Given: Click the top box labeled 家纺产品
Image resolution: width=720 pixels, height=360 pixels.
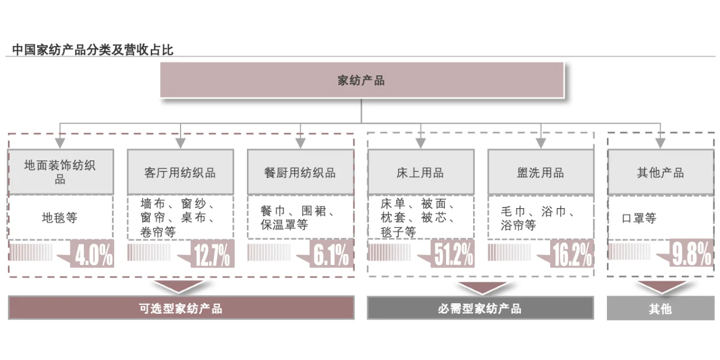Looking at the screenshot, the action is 362,80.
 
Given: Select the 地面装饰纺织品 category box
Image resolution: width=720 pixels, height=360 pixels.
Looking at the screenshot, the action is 60,172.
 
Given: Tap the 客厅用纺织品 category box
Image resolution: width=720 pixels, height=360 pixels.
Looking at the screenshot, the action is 180,172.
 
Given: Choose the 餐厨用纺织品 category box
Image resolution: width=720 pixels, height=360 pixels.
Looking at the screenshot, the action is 300,172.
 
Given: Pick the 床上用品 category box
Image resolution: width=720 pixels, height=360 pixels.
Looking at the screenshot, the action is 420,172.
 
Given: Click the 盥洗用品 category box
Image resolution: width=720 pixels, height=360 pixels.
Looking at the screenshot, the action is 540,172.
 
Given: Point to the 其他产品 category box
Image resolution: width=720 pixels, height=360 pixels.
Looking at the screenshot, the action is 660,172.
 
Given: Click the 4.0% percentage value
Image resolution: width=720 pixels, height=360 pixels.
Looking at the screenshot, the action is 94,256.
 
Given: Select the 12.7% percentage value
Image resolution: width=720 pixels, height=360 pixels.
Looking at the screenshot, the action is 211,256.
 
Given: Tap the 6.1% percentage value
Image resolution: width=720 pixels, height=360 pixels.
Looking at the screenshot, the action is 331,256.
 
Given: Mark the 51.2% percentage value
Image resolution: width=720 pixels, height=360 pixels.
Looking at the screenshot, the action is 453,256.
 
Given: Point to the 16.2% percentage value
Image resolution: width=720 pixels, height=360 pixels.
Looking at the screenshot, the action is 573,256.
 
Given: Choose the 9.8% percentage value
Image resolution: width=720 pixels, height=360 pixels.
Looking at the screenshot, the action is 692,256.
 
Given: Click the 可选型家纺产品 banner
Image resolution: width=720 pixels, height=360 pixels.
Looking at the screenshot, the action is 181,308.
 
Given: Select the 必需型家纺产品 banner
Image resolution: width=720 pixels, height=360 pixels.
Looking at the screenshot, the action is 480,308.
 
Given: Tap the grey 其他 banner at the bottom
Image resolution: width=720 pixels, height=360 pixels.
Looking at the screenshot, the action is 660,309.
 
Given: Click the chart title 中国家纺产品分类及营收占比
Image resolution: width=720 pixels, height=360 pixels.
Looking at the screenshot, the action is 93,49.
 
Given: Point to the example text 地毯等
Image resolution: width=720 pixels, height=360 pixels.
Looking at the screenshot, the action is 60,218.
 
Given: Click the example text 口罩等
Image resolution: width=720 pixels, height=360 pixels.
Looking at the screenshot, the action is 639,218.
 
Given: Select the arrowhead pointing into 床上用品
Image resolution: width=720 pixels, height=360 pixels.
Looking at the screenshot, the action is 420,144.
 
